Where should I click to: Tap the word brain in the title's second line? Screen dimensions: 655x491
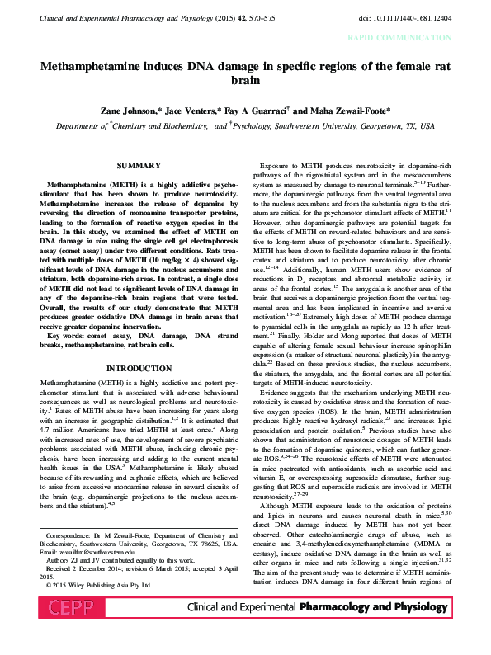(246, 81)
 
